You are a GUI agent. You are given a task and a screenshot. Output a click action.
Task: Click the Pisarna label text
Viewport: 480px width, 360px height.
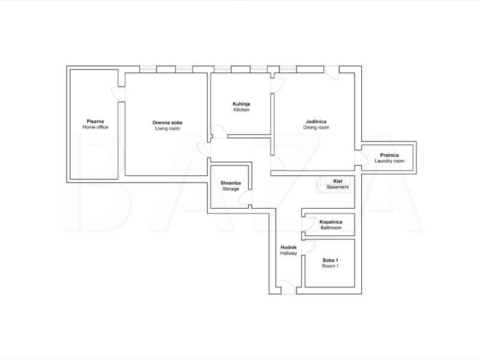tap(95, 121)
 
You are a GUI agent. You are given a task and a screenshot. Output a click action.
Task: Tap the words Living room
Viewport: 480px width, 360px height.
tap(167, 128)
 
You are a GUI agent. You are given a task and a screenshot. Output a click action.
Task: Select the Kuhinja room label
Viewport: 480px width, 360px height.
tap(241, 104)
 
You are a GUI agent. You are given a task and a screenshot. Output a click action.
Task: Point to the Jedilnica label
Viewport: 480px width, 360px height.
tap(316, 121)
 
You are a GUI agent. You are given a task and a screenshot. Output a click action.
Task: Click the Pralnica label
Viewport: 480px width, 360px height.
tap(389, 155)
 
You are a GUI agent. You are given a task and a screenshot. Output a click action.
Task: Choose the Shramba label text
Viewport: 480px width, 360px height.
tap(230, 183)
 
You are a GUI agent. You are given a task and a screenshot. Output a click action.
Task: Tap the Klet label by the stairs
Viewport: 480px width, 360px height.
tap(338, 181)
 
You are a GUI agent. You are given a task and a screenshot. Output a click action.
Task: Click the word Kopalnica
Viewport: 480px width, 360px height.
tap(331, 221)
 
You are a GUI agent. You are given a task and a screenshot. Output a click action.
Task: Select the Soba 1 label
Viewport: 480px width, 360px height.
tap(331, 260)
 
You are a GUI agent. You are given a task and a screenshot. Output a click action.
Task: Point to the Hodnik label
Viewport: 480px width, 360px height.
tap(289, 247)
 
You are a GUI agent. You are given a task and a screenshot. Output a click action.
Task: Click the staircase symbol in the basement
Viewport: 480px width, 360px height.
tap(324, 185)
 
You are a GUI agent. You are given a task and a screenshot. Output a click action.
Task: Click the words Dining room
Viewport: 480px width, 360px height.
tap(316, 127)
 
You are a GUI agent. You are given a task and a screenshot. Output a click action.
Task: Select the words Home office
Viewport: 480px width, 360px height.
tap(95, 127)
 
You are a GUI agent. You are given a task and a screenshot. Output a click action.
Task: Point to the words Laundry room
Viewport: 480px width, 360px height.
tap(389, 161)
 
